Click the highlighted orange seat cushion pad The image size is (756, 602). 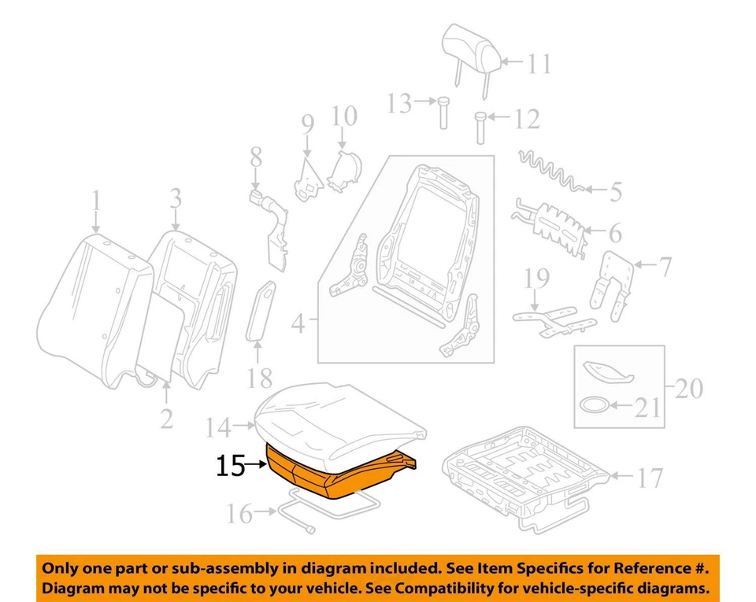click(331, 472)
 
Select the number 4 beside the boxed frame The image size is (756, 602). click(298, 323)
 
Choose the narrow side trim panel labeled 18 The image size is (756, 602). click(262, 312)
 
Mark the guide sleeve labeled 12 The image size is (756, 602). click(480, 127)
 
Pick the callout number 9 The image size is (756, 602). click(306, 124)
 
